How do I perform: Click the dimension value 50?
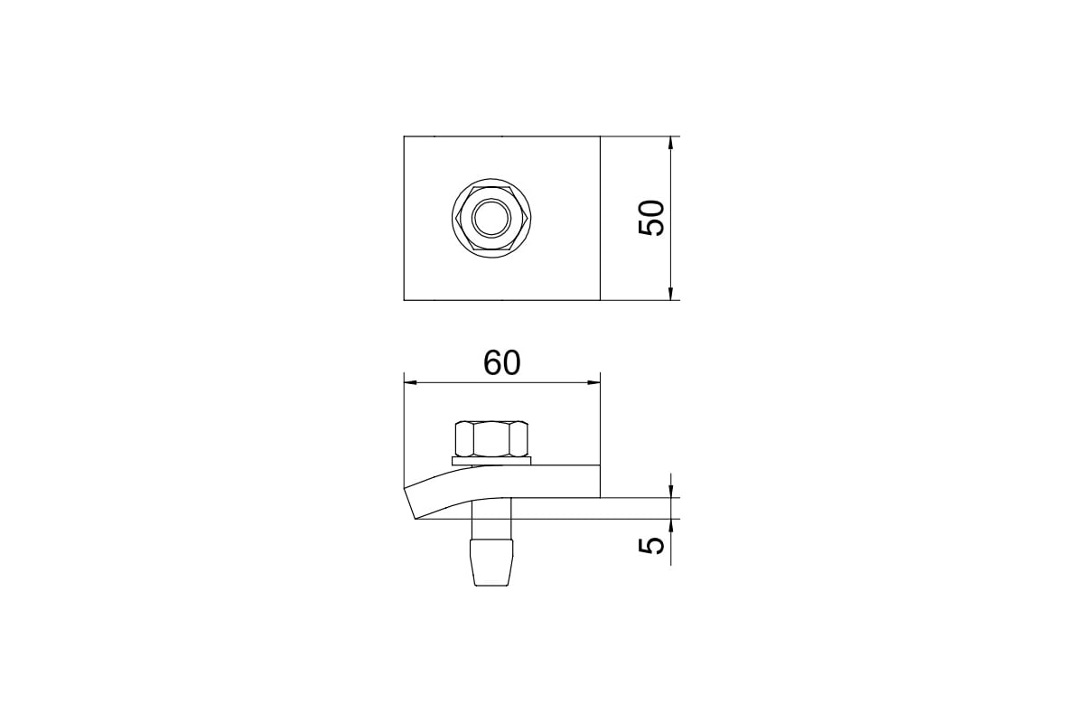point(652,218)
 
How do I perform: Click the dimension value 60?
point(502,363)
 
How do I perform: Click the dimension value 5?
point(652,546)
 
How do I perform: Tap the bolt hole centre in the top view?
point(491,218)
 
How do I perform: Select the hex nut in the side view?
point(491,438)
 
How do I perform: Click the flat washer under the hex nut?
point(491,461)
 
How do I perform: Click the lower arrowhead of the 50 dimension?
point(670,293)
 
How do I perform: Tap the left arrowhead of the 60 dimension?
point(411,383)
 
